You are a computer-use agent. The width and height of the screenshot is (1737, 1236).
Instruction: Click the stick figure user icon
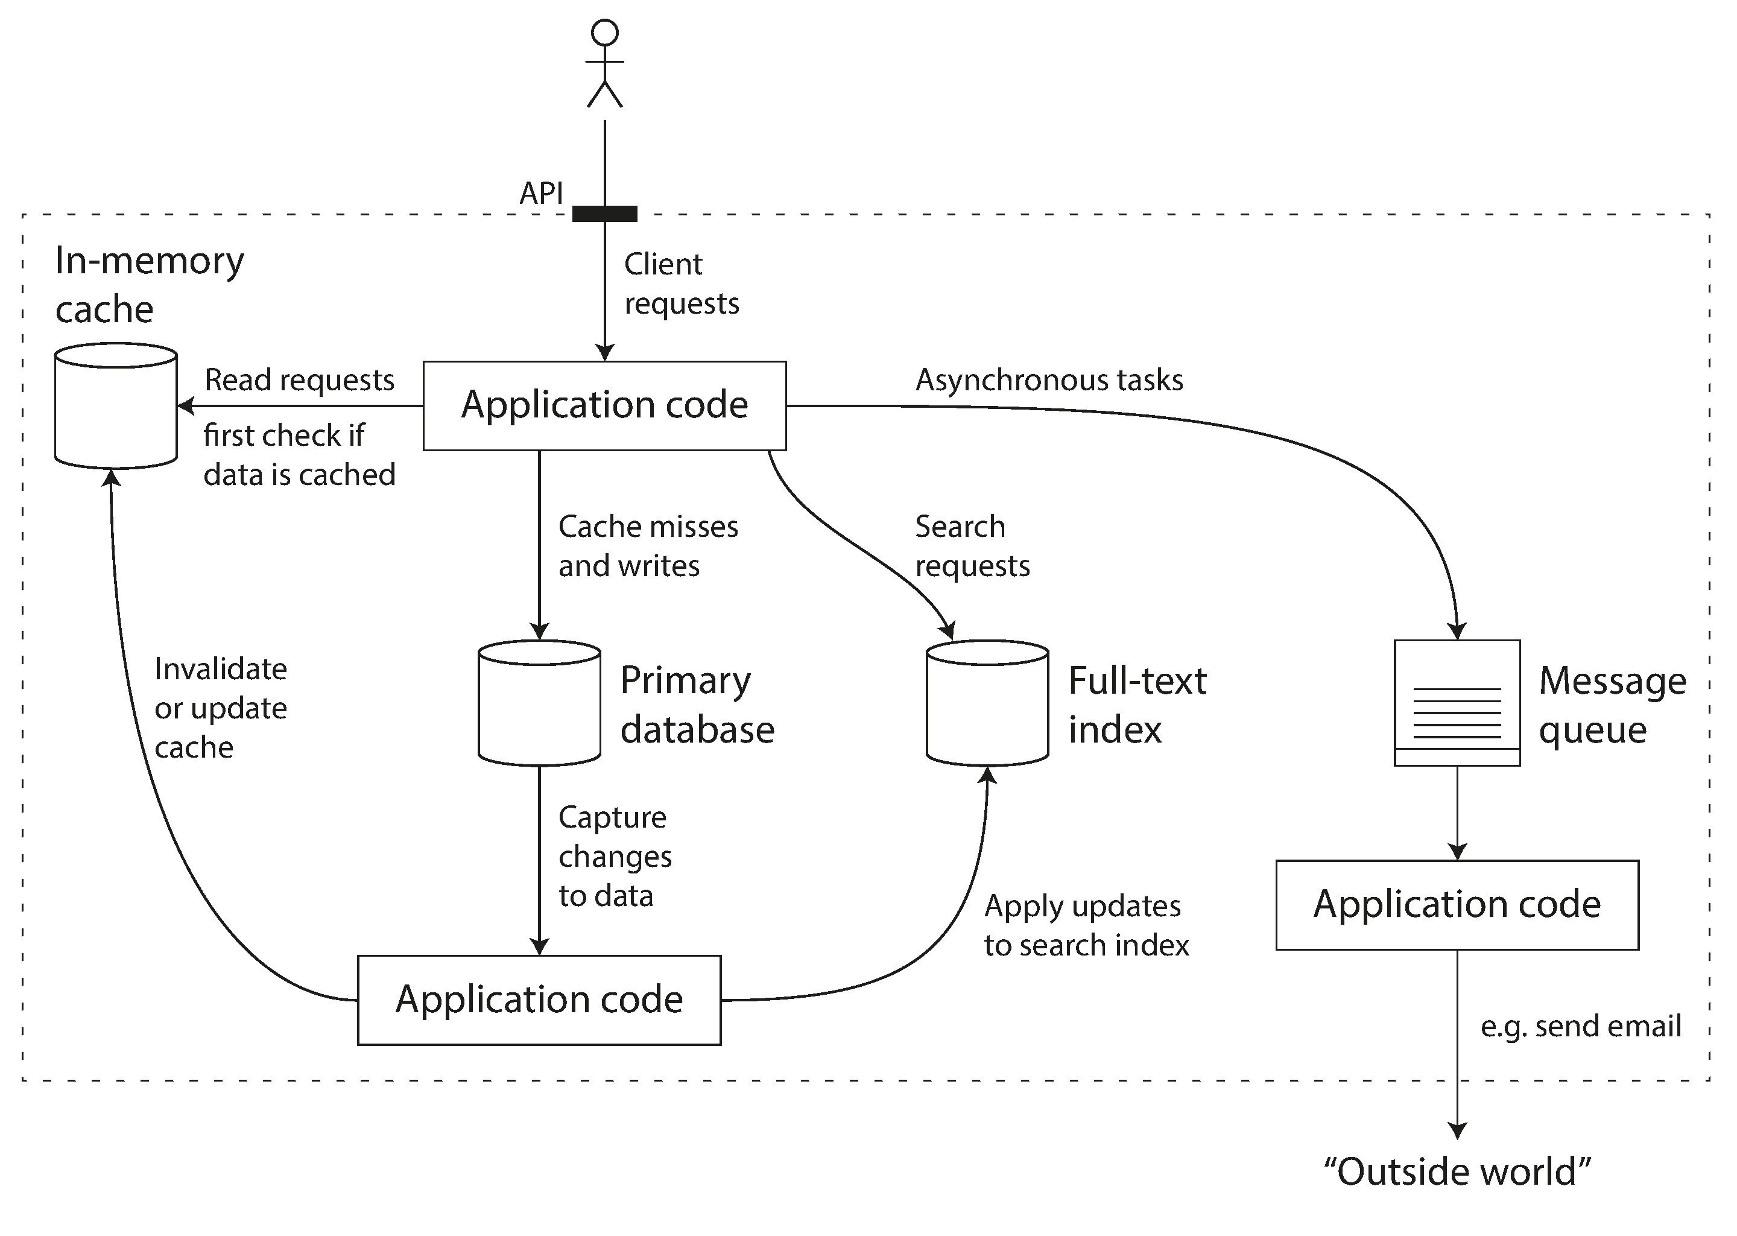click(605, 64)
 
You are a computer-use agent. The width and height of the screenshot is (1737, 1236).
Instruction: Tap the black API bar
click(604, 214)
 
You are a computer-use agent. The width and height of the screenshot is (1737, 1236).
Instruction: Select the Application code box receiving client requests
click(604, 405)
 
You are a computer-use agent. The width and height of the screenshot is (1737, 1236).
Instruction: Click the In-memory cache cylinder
click(116, 405)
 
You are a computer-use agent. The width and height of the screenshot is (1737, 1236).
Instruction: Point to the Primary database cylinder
click(539, 703)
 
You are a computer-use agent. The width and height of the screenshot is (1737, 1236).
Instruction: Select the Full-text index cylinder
click(987, 703)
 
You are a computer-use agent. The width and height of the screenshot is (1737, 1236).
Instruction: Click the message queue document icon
click(1457, 703)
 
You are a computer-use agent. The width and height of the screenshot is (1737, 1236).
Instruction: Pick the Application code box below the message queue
click(1457, 905)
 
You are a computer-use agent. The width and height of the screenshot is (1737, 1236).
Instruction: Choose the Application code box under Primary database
click(539, 1000)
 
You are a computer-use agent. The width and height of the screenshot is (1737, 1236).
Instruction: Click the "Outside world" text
click(1457, 1172)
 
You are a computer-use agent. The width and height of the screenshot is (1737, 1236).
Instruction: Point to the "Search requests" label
click(972, 546)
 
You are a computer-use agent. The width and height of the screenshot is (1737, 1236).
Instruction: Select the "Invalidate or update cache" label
click(221, 708)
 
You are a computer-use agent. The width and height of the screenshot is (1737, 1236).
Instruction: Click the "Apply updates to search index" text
click(1086, 925)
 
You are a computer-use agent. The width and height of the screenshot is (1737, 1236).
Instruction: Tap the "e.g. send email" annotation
click(1580, 1026)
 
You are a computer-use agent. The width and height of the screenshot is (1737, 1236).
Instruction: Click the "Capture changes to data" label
click(614, 856)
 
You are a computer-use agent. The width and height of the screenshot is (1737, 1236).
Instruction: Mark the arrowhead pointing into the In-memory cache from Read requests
click(185, 405)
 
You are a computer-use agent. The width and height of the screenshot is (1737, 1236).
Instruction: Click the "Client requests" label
click(681, 283)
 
